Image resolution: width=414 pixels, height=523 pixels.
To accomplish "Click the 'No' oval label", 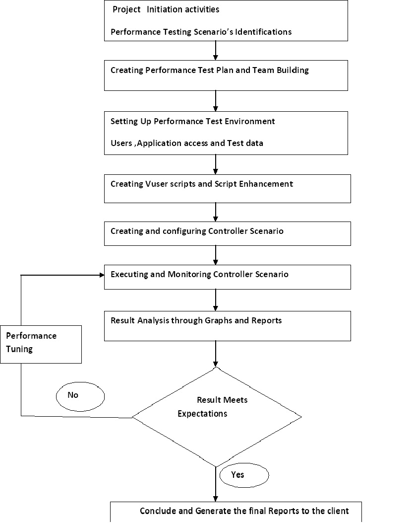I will point(80,396).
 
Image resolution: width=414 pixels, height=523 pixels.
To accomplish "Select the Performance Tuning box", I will point(41,344).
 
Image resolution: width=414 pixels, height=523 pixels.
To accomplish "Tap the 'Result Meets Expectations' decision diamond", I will point(216,416).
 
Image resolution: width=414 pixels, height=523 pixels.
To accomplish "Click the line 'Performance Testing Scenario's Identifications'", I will point(201,32).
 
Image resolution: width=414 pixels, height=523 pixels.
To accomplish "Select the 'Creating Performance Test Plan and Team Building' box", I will point(226,75).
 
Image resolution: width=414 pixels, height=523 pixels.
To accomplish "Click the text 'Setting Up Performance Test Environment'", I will point(192,121).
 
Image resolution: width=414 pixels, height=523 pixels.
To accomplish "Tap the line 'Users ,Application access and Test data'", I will point(186,143).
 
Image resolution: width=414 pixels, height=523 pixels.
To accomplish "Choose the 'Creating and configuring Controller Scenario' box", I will point(227,233).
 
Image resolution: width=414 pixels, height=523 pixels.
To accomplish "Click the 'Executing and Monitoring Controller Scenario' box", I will point(227,277).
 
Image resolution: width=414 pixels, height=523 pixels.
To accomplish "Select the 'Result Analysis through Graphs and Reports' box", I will point(227,326).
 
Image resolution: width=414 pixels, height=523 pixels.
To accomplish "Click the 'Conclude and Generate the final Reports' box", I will point(236,512).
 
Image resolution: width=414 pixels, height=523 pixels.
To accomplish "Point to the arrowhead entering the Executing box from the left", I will point(101,275).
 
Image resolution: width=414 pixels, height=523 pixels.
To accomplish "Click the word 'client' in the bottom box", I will point(339,511).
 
